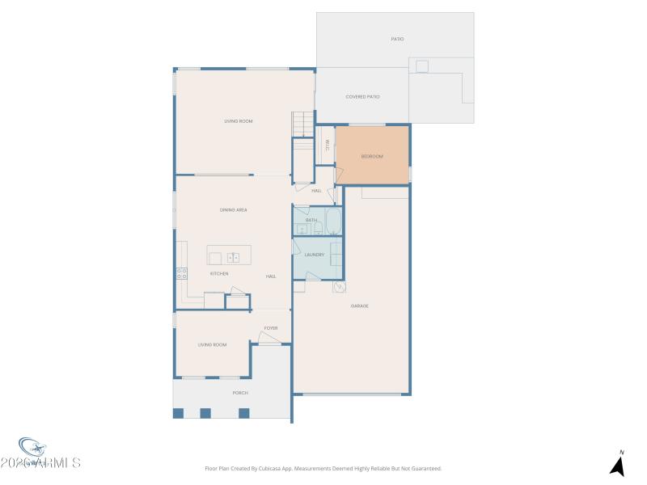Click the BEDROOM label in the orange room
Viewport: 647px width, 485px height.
pyautogui.click(x=372, y=156)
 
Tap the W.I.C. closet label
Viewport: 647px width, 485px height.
pyautogui.click(x=327, y=145)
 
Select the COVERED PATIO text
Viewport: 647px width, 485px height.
pyautogui.click(x=362, y=97)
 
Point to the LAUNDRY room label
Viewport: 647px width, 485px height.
pyautogui.click(x=315, y=255)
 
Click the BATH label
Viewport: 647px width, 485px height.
pyautogui.click(x=311, y=220)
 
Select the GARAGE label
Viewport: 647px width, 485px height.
pyautogui.click(x=360, y=306)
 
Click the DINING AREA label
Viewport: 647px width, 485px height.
pyautogui.click(x=233, y=210)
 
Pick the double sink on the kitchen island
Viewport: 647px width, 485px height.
pyautogui.click(x=233, y=258)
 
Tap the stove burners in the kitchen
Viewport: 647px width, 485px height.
pyautogui.click(x=182, y=274)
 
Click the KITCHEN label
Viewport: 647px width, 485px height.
pyautogui.click(x=219, y=274)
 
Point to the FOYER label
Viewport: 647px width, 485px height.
pyautogui.click(x=270, y=328)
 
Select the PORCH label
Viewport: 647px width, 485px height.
pyautogui.click(x=240, y=393)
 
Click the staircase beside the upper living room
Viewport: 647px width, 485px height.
pyautogui.click(x=302, y=124)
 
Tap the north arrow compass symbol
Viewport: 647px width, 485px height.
pyautogui.click(x=618, y=465)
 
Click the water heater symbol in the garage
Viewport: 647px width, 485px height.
pyautogui.click(x=339, y=287)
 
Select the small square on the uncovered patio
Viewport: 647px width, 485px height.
pyautogui.click(x=422, y=65)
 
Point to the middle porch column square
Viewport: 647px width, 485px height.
pyautogui.click(x=205, y=413)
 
